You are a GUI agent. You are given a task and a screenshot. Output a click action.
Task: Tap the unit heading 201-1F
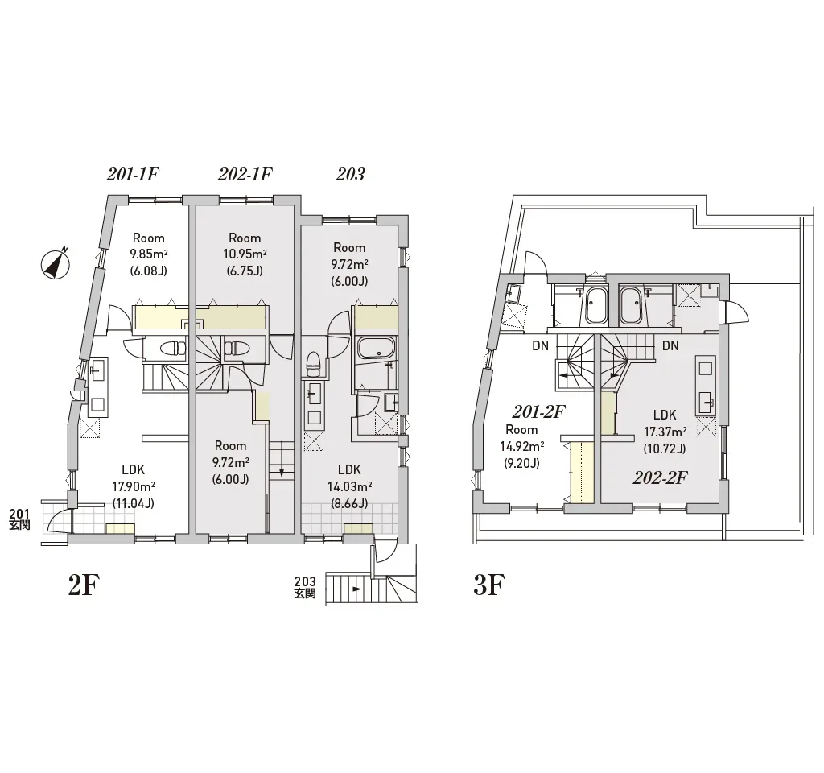click(132, 174)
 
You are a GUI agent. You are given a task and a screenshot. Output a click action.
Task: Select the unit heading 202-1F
click(245, 174)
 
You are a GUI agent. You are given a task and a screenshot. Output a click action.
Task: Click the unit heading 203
click(350, 174)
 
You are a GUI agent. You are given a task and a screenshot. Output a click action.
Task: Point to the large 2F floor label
click(84, 585)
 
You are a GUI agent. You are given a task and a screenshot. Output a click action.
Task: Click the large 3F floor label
click(488, 585)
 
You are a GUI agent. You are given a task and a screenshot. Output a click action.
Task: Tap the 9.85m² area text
click(149, 254)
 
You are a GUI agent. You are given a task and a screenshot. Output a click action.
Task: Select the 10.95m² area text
click(245, 254)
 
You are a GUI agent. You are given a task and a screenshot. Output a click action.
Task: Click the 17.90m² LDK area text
click(133, 486)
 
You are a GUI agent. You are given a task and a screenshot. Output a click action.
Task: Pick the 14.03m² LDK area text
click(349, 486)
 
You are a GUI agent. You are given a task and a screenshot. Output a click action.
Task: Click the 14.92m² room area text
click(521, 446)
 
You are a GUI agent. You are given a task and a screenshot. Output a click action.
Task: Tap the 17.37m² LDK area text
click(665, 432)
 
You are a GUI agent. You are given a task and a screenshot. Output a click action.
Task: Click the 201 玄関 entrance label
click(19, 519)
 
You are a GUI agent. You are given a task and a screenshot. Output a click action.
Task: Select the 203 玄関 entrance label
click(305, 587)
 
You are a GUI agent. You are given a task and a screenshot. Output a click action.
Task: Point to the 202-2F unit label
click(661, 477)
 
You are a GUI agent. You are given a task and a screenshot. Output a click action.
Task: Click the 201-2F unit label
click(538, 411)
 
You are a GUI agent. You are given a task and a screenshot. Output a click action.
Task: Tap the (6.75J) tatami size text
click(245, 271)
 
